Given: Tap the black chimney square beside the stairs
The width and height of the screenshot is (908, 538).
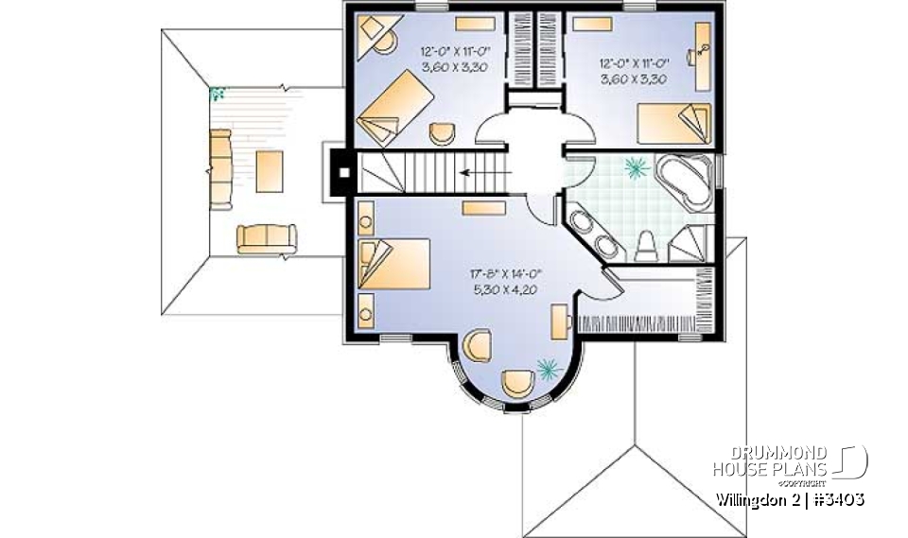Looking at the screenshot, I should pyautogui.click(x=344, y=174).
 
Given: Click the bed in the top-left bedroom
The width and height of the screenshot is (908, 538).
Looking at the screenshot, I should pyautogui.click(x=395, y=110).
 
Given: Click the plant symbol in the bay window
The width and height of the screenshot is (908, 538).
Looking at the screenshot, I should pyautogui.click(x=546, y=367).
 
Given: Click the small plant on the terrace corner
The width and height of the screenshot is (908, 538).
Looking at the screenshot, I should pyautogui.click(x=218, y=94).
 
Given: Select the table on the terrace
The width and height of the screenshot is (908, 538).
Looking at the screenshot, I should pyautogui.click(x=268, y=171).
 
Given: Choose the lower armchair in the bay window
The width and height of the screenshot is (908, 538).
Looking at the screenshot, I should pyautogui.click(x=518, y=383).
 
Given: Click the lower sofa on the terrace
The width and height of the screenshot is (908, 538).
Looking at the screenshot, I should pyautogui.click(x=266, y=238).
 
